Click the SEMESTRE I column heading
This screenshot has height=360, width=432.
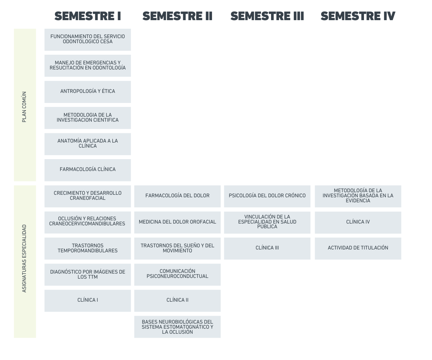pos(87,16)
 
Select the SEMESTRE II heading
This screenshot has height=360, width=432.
pos(177,16)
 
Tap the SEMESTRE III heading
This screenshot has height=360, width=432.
pos(267,16)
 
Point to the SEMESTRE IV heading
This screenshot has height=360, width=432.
pos(358,16)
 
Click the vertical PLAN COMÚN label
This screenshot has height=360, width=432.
pos(24,107)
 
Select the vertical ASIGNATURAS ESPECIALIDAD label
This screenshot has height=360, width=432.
pos(24,258)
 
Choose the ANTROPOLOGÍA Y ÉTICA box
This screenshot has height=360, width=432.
pos(87,92)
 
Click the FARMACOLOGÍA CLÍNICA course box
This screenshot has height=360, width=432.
pos(87,170)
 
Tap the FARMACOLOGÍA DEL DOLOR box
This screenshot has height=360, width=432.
pos(177,196)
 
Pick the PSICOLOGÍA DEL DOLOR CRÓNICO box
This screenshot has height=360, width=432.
pos(267,196)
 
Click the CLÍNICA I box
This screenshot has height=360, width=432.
pos(87,301)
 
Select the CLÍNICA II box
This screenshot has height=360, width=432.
pos(177,301)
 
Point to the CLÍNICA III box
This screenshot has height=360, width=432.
pos(267,248)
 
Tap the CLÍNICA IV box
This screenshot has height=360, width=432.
pos(358,222)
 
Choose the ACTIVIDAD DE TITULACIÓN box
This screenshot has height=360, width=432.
pos(358,248)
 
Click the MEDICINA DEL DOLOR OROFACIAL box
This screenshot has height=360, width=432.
pos(177,222)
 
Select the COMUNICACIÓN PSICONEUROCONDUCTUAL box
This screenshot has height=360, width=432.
pos(177,275)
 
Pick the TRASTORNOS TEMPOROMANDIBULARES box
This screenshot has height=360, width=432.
pos(87,248)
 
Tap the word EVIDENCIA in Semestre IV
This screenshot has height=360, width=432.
pos(358,201)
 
